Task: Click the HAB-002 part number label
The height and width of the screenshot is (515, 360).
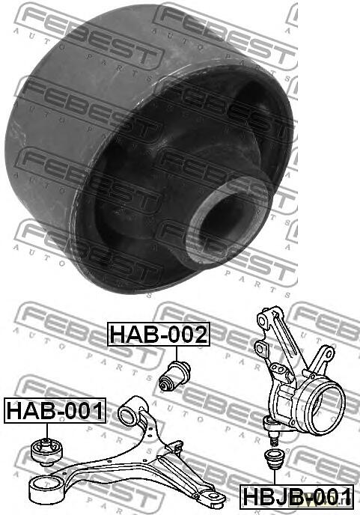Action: [x=159, y=334]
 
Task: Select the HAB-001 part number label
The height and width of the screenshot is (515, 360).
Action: [x=55, y=410]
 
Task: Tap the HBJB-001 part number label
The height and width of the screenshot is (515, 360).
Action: [x=296, y=496]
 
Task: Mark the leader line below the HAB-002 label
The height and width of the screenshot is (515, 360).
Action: [x=177, y=354]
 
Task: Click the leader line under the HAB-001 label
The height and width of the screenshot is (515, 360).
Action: [x=47, y=431]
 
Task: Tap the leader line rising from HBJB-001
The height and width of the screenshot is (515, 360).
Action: [x=273, y=477]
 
